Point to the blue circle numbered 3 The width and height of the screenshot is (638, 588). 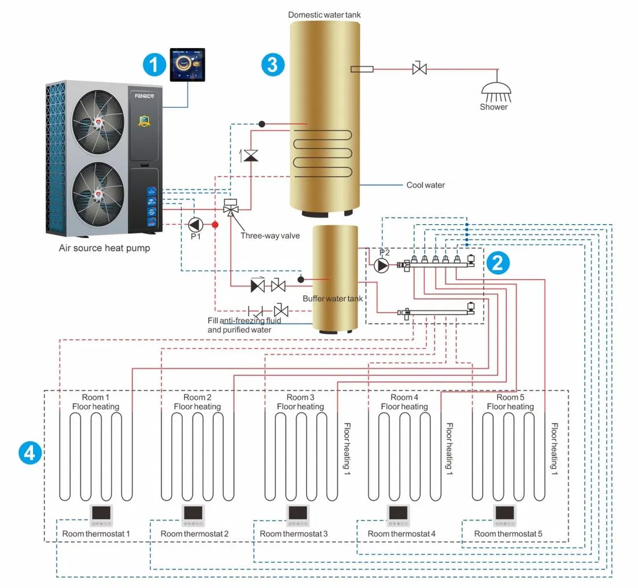pos(273,64)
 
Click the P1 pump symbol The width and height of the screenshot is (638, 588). pos(195,225)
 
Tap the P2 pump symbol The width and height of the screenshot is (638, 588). pos(381,265)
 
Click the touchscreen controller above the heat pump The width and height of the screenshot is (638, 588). pos(187,65)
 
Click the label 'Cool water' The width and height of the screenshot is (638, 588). pos(426,185)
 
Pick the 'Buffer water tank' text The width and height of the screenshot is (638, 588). pos(332,299)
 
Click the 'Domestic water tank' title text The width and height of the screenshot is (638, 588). pos(325,14)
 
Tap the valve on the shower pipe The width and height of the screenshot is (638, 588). pos(420,69)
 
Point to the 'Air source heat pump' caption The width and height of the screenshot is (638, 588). pos(104,248)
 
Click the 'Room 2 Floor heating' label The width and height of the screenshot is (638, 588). pos(197,402)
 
